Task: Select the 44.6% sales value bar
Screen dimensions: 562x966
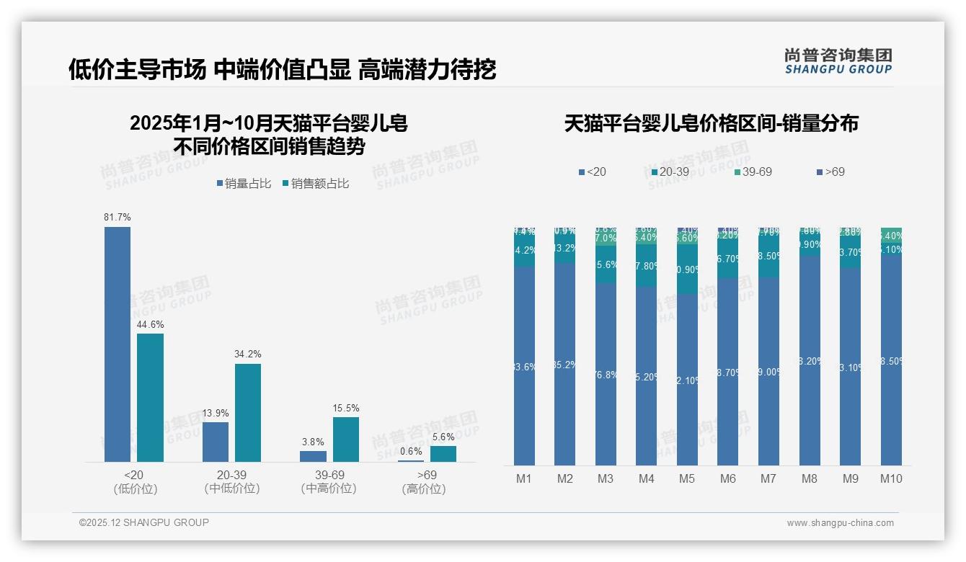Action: (x=150, y=397)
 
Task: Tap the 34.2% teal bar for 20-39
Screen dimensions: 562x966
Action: (x=248, y=412)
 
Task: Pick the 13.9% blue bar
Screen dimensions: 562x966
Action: (x=216, y=442)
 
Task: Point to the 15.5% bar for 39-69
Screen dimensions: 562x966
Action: (x=346, y=439)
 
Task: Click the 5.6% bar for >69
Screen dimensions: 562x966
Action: (x=443, y=454)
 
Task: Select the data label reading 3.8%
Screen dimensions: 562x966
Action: (x=313, y=442)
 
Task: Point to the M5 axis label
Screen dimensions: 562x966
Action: (x=687, y=478)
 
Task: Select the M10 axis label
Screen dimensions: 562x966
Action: (x=891, y=478)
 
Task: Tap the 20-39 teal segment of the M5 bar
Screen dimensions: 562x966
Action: (x=687, y=269)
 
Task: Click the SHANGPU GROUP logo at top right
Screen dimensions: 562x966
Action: (x=838, y=61)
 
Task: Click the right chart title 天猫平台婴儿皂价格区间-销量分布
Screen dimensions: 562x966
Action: (x=711, y=123)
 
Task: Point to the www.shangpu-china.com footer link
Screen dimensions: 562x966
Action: (x=840, y=523)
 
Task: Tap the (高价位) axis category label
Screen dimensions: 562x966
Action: (x=424, y=489)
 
